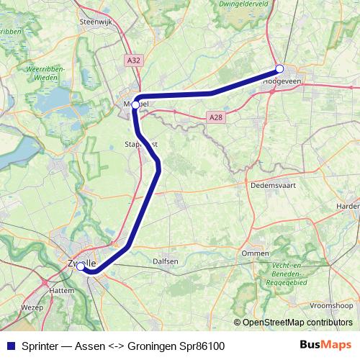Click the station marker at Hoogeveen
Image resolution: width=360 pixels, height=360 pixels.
[x=279, y=69]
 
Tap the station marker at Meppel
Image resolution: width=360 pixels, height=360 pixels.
[x=135, y=104]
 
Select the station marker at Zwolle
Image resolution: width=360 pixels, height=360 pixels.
[x=81, y=266]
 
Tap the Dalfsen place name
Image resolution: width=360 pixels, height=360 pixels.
[x=166, y=261]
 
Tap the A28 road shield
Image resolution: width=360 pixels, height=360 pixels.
[x=215, y=116]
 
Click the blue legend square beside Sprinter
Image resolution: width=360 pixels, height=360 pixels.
[x=9, y=346]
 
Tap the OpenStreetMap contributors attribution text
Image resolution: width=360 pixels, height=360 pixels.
[x=292, y=323]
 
